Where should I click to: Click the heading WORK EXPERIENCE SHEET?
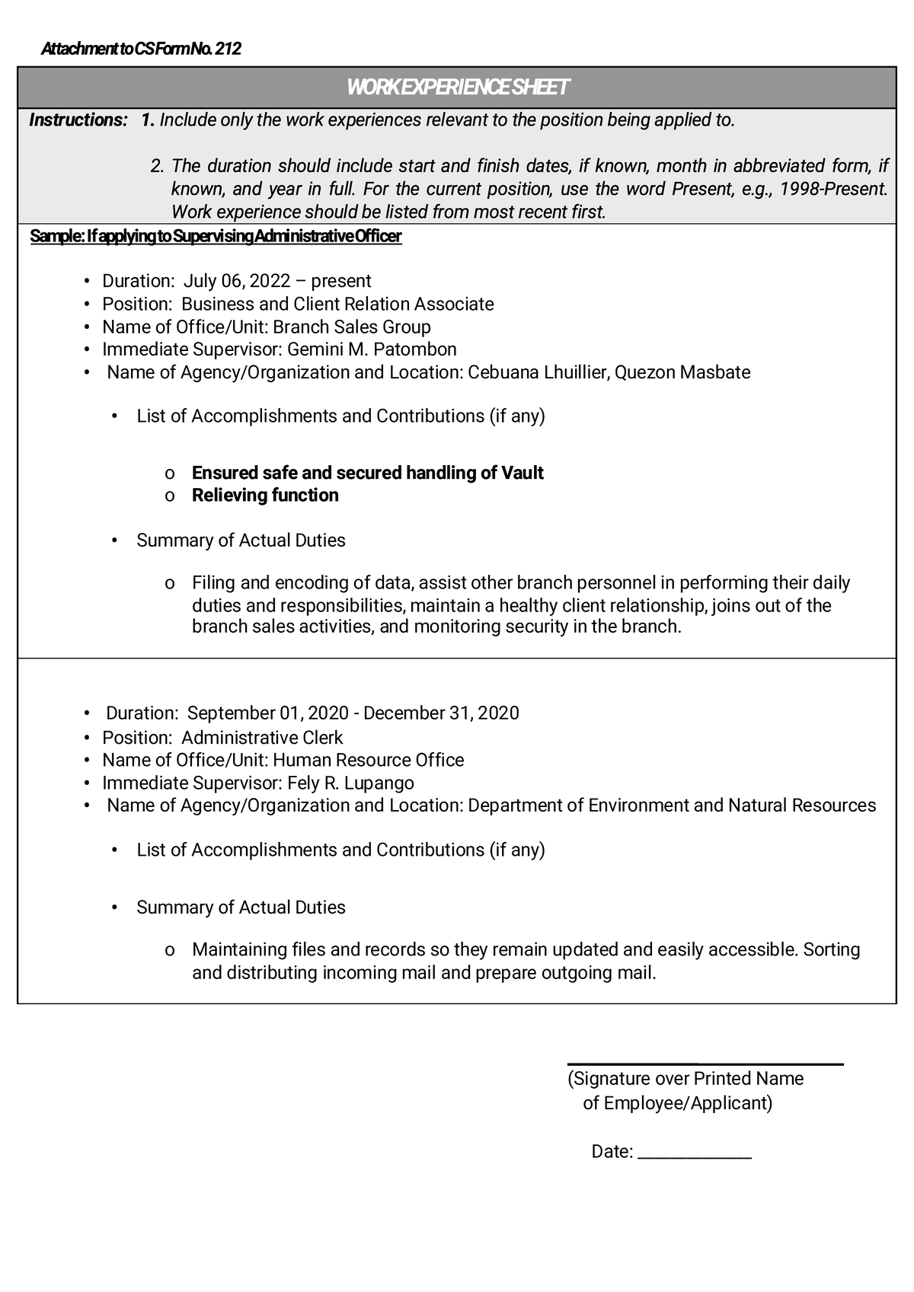(457, 88)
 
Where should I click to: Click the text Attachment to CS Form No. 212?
(141, 49)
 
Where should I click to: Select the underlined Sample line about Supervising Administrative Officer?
(216, 237)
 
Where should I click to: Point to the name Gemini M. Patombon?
(372, 349)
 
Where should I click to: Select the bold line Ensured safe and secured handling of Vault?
(367, 473)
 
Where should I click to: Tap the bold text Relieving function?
(265, 496)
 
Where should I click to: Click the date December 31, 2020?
(441, 713)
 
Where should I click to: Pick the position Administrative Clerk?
(262, 738)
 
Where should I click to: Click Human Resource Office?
(368, 761)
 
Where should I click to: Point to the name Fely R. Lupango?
(350, 783)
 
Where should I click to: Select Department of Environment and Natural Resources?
(672, 806)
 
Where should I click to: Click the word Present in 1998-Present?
(861, 189)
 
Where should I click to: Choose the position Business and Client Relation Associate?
(337, 305)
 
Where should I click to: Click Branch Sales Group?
(351, 327)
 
